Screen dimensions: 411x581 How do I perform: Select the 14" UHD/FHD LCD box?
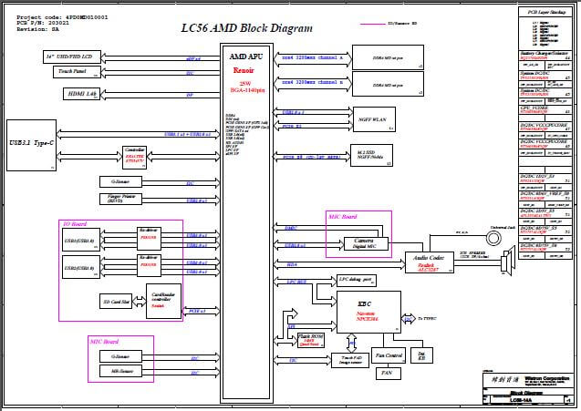[x=73, y=57]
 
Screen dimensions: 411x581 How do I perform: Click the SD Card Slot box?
[x=114, y=300]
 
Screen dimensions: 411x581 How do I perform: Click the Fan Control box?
[x=388, y=354]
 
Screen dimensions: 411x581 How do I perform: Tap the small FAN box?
[x=386, y=372]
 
